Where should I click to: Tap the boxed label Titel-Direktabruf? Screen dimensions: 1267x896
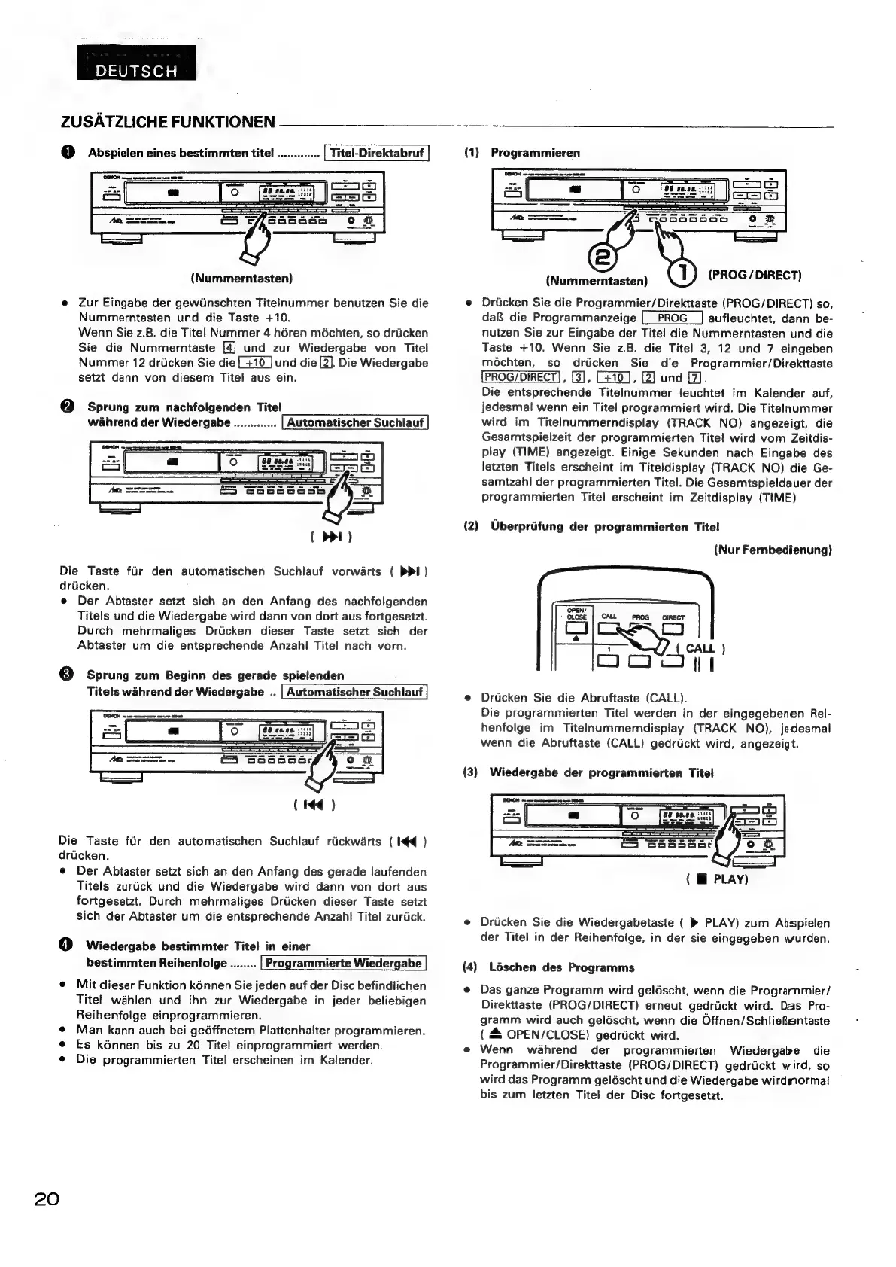[x=376, y=153]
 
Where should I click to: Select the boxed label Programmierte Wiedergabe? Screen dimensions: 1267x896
[x=343, y=963]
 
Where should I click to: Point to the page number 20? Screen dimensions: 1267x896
[x=46, y=1198]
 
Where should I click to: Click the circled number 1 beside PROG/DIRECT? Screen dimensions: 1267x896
[x=682, y=273]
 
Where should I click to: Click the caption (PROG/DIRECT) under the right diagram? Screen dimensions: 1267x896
[x=755, y=274]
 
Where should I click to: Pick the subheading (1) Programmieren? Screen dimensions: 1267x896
[x=522, y=153]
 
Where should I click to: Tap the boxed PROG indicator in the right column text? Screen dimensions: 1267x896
[x=672, y=318]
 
